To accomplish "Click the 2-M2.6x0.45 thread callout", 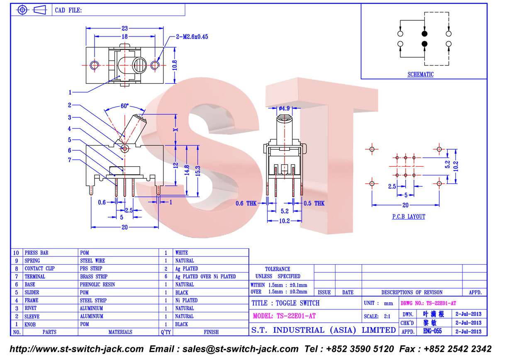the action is pos(192,37).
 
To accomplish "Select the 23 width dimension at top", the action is pos(124,28).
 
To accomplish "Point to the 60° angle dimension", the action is pos(124,106).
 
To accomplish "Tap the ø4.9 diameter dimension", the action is pos(284,108).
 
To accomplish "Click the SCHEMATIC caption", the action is pos(421,74).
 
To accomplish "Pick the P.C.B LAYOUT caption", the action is pos(409,216).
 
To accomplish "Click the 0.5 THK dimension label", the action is pos(314,203).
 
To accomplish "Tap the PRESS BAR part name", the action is pos(36,253).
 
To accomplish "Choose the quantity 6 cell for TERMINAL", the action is pos(166,277).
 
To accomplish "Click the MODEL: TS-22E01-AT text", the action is pos(284,316).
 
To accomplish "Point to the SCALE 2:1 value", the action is pos(387,316).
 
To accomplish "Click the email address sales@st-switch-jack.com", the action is pos(241,349).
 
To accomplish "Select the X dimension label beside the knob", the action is pos(175,130).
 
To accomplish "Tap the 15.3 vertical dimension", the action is pos(198,171).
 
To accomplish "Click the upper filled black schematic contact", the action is pos(424,34).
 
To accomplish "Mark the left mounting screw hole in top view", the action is pos(95,65).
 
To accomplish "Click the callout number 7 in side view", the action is pos(70,160).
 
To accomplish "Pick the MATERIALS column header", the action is pos(120,332).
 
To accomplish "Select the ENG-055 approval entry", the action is pos(433,331).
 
